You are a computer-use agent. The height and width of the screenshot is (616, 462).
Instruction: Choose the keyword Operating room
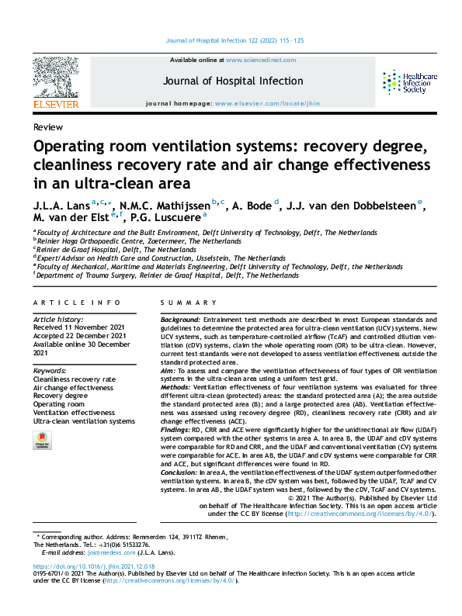click(59, 404)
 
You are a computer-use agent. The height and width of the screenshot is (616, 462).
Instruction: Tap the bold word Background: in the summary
click(180, 320)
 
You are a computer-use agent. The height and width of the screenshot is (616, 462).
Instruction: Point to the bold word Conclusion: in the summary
click(181, 472)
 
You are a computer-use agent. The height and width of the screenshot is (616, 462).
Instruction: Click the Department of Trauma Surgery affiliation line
click(167, 275)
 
